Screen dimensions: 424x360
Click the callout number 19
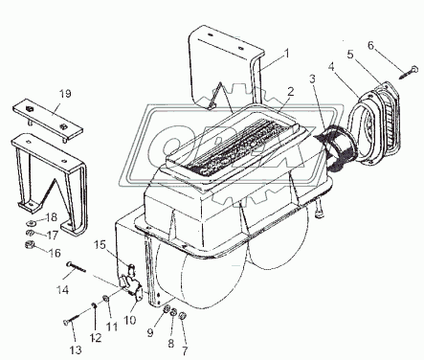click(65, 94)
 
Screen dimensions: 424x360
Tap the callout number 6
click(370, 46)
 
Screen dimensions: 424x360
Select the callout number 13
click(76, 349)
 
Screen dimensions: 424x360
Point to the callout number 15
click(100, 245)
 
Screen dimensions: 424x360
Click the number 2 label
click(290, 92)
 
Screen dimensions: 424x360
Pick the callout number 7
click(185, 350)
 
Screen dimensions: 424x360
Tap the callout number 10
click(130, 320)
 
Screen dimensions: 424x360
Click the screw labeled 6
click(409, 72)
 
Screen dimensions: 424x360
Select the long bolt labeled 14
click(77, 267)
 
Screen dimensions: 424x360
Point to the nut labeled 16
click(29, 246)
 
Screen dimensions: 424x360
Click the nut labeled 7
click(182, 315)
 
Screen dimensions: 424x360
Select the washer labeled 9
click(167, 309)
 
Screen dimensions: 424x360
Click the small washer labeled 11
click(105, 299)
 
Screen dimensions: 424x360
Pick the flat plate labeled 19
click(48, 121)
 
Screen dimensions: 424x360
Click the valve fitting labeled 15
click(131, 270)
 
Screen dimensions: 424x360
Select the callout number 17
click(53, 236)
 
